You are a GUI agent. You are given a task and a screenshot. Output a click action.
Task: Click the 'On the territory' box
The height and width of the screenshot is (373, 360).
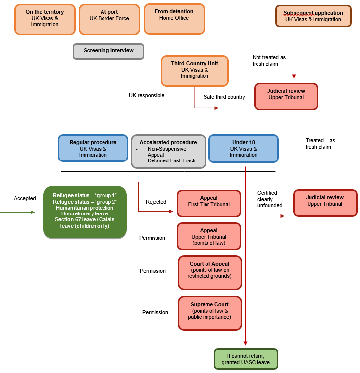click(x=45, y=19)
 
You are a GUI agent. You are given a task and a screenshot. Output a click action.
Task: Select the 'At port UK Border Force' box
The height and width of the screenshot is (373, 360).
click(x=109, y=19)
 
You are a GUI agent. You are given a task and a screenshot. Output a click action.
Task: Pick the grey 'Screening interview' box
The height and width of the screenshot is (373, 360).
click(x=108, y=51)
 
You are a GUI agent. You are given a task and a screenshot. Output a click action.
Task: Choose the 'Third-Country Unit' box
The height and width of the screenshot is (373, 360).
click(x=195, y=70)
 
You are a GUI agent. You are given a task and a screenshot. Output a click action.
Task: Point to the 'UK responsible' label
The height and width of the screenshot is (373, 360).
click(x=147, y=95)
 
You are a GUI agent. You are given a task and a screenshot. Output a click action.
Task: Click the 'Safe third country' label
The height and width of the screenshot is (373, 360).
click(x=224, y=97)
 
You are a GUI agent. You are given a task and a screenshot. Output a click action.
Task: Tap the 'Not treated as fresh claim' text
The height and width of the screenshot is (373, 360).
click(x=269, y=60)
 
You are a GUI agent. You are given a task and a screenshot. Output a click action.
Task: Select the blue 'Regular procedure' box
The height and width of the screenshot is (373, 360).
click(x=93, y=148)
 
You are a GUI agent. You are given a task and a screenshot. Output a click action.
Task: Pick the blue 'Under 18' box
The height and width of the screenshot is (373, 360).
click(x=243, y=148)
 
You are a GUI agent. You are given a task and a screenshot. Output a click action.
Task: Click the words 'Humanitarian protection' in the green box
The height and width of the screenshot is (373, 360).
click(x=85, y=208)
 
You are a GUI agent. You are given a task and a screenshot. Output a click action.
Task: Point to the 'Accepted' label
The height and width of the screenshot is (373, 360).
click(x=25, y=198)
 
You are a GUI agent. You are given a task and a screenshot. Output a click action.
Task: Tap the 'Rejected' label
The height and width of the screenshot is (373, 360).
click(x=156, y=202)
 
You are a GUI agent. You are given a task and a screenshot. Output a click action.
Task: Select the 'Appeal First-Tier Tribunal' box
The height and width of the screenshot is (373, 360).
click(x=208, y=202)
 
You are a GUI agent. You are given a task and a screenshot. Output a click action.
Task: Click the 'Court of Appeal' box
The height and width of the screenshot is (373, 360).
click(x=210, y=272)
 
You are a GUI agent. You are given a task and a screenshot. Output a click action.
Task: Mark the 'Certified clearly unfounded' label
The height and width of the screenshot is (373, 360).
click(x=270, y=199)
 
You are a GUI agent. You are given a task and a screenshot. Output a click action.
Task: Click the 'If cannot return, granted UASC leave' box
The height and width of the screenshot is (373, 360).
click(x=246, y=359)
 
